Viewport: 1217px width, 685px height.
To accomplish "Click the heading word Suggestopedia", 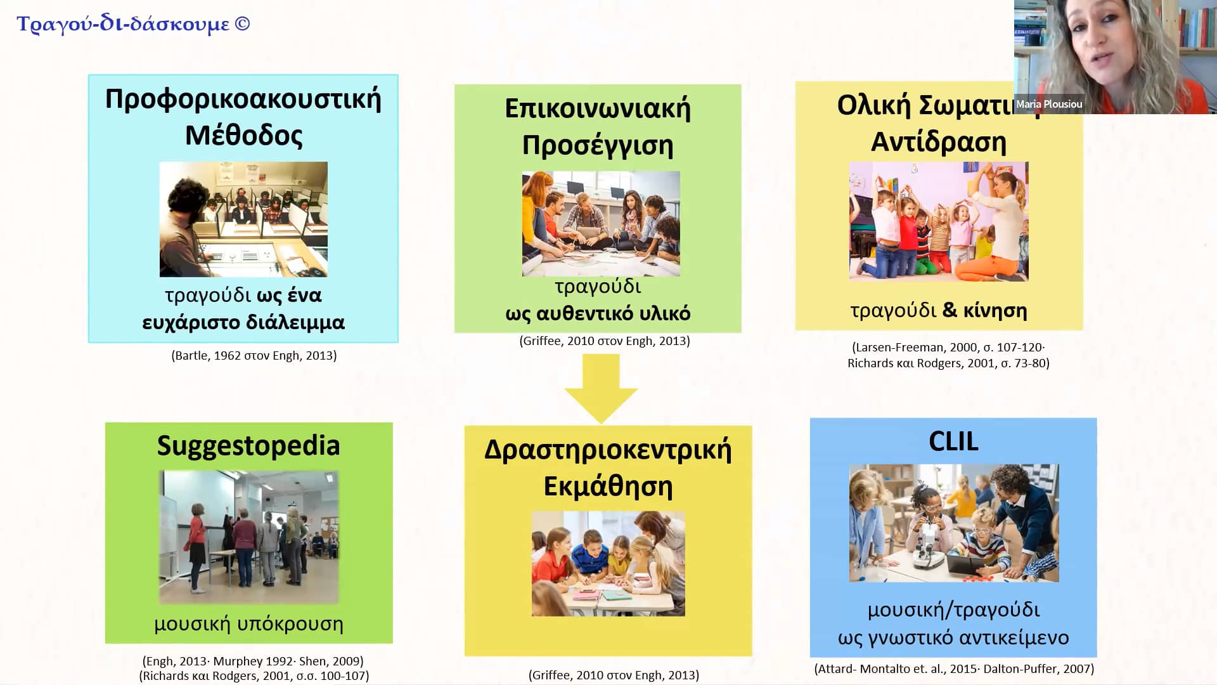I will (x=248, y=446).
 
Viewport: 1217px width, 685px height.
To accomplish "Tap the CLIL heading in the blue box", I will (x=953, y=441).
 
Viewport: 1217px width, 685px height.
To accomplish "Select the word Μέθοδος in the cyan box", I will (x=243, y=135).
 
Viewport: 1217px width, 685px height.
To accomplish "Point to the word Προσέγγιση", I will (x=598, y=145).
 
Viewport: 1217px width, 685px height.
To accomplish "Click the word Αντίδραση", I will (x=939, y=142).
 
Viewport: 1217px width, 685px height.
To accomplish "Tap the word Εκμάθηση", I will (x=608, y=486).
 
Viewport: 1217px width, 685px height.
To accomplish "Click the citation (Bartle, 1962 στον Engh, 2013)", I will (x=254, y=356).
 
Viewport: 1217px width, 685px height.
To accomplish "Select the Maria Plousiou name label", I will (x=1049, y=104).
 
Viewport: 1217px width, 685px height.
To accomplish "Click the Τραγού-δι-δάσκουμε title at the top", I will (x=123, y=24).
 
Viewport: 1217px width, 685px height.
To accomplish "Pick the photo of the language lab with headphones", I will (x=243, y=219).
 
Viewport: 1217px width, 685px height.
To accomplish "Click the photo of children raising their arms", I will (x=939, y=221).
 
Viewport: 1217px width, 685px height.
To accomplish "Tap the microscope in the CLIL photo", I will (x=925, y=539).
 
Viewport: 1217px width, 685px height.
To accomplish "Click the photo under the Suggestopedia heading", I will (x=248, y=537).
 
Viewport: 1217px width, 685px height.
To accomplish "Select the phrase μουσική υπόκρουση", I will (x=248, y=624).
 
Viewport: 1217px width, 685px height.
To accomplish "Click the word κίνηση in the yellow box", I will (x=995, y=310).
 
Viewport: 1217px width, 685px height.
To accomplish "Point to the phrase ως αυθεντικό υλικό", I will (x=598, y=313).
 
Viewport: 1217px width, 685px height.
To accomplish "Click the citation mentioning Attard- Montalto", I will (x=953, y=669).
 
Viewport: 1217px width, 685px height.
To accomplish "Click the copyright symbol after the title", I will (x=242, y=23).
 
